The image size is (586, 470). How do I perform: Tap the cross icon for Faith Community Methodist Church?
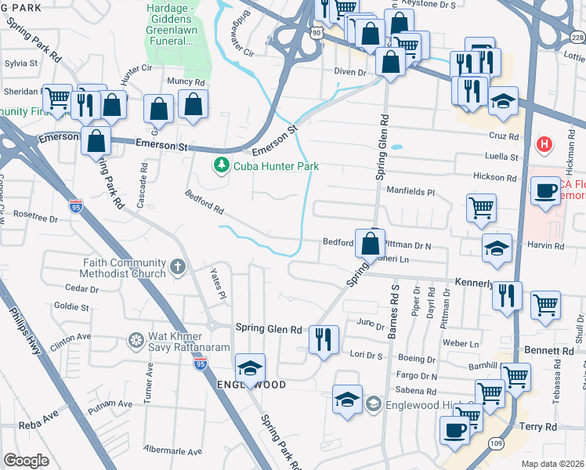click(x=178, y=268)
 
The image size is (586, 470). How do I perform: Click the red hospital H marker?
click(x=542, y=145)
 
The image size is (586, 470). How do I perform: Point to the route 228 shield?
click(x=577, y=38)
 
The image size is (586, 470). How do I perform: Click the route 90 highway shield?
click(x=315, y=32)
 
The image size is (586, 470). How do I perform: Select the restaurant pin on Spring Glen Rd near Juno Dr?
click(x=324, y=340)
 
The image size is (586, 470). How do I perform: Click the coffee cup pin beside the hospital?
click(x=544, y=190)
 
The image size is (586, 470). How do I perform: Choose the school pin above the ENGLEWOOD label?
click(x=250, y=368)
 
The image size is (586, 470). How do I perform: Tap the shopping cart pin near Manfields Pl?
click(x=481, y=208)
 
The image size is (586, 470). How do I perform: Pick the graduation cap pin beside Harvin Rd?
click(x=497, y=248)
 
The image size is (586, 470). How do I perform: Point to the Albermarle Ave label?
click(x=173, y=450)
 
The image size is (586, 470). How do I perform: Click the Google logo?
click(x=27, y=460)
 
